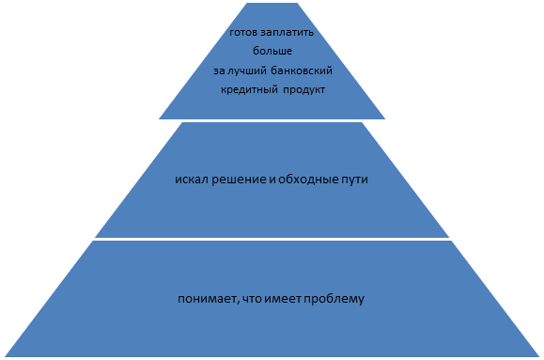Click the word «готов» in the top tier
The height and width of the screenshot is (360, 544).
(x=243, y=33)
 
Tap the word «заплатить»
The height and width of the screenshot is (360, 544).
(x=287, y=33)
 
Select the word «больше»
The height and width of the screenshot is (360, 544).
(x=272, y=51)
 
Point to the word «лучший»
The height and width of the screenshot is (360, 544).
(x=247, y=71)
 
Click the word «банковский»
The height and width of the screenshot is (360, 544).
(x=302, y=70)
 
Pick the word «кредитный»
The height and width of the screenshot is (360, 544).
(x=249, y=90)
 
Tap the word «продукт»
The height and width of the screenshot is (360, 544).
(x=304, y=90)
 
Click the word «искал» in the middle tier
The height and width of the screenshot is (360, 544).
(x=192, y=180)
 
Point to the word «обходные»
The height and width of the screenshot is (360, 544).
(x=303, y=180)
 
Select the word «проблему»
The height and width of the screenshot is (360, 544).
(x=334, y=300)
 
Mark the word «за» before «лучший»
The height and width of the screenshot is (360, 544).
(x=219, y=71)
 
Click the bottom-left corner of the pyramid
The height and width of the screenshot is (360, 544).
(x=5, y=356)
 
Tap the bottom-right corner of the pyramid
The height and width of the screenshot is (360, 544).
(x=539, y=356)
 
